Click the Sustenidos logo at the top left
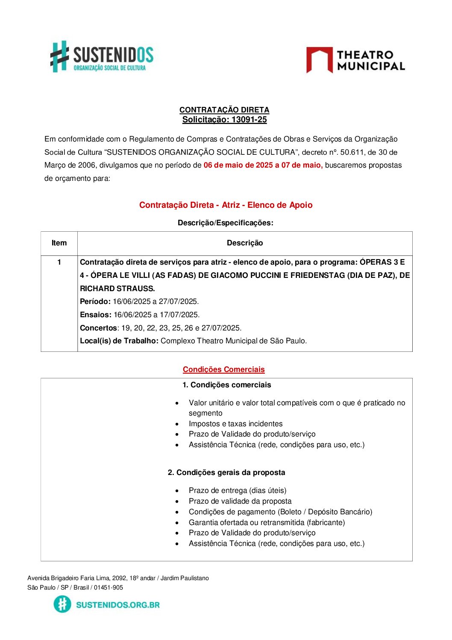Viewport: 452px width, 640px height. point(102,57)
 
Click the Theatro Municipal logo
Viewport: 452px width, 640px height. point(355,60)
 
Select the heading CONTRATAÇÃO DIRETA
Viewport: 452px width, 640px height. point(224,110)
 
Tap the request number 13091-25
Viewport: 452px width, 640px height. point(249,120)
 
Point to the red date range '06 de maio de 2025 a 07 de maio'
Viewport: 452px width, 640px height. point(263,165)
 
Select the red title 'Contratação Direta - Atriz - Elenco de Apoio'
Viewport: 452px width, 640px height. point(226,205)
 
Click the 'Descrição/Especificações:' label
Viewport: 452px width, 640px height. point(226,223)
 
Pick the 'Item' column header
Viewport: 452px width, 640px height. point(59,243)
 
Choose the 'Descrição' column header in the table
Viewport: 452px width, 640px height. point(245,243)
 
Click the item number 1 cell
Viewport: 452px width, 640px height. point(59,262)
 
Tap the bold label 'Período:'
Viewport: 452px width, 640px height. point(95,301)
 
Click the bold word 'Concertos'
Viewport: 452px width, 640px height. point(98,328)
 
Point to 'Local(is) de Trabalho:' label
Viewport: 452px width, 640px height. point(119,341)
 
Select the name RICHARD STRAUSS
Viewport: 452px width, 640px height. point(117,289)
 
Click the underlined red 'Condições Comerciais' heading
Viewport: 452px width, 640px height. point(223,369)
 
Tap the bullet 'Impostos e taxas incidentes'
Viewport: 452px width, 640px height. point(235,424)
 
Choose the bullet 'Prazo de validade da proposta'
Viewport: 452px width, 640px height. point(240,501)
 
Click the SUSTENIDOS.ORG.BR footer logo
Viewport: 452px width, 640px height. point(107,605)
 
